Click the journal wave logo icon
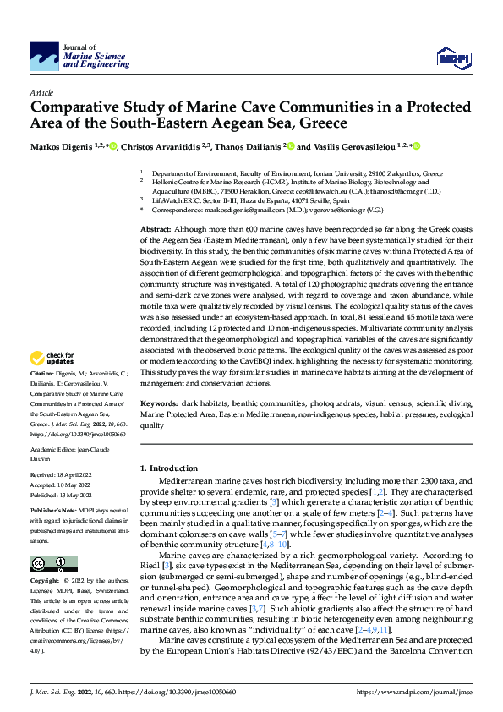click(44, 57)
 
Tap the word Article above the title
click(41, 91)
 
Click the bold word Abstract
click(156, 230)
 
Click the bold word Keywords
click(159, 405)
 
